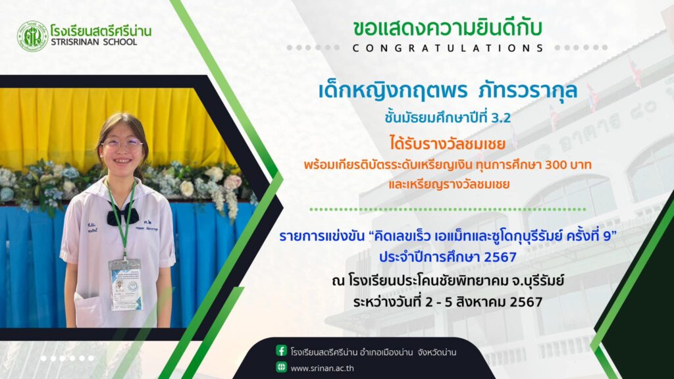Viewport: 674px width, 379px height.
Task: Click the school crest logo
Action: point(32,37)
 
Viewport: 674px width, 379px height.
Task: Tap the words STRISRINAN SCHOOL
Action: point(93,42)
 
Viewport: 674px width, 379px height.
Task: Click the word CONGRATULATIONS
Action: point(448,48)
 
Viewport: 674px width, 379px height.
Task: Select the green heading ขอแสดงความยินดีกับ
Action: point(448,28)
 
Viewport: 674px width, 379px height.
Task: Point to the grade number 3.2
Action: point(500,118)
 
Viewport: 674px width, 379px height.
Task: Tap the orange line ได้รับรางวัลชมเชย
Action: point(448,143)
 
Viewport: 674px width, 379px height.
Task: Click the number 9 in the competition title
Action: point(607,236)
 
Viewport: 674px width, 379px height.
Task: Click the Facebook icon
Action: point(281,351)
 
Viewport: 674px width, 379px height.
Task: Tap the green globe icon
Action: point(281,367)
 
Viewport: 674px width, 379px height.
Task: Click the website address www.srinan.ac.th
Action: point(322,368)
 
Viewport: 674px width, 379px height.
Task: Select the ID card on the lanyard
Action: point(126,284)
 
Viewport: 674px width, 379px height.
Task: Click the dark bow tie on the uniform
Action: point(122,214)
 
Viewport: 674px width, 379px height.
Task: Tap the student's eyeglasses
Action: point(122,145)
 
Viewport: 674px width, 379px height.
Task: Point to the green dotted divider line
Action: point(448,209)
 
